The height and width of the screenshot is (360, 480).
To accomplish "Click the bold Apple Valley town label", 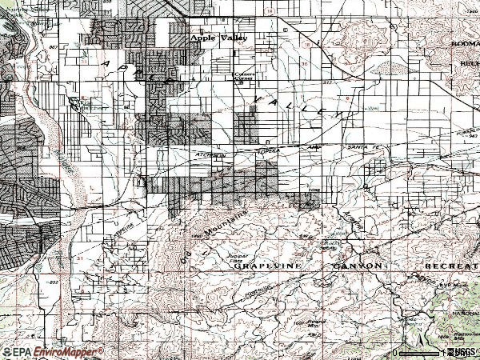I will click(219, 38).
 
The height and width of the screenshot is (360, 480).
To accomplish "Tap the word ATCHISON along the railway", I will click(206, 150).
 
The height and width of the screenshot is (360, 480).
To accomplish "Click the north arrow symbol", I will click(394, 351).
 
